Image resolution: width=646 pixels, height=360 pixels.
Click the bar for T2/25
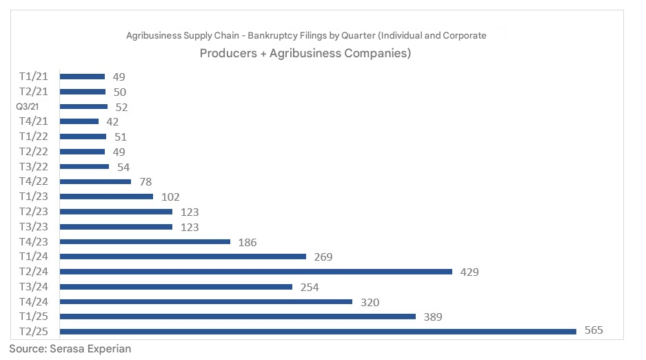(318, 332)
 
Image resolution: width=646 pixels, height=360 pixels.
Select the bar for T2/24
(256, 272)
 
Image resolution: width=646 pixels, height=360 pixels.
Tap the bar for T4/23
(145, 241)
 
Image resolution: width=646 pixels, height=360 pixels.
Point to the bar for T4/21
(79, 121)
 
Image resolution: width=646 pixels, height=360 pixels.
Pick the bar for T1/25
(238, 317)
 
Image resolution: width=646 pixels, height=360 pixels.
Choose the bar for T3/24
(176, 287)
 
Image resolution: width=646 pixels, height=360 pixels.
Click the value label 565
(594, 330)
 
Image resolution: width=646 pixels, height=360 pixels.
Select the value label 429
(470, 272)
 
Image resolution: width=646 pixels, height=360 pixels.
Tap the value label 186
(247, 242)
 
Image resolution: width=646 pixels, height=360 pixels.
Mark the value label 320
(370, 302)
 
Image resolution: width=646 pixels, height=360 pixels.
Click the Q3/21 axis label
(28, 107)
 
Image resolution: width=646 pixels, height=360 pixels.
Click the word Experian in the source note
(108, 349)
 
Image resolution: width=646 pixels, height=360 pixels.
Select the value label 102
(170, 197)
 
